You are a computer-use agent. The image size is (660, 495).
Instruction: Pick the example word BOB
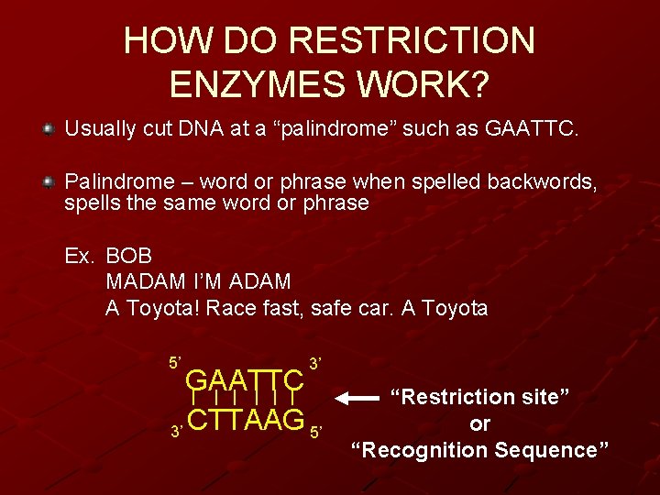tap(129, 256)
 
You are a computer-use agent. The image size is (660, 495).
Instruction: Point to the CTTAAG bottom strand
tap(245, 421)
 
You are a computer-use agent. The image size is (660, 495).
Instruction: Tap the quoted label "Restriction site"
tap(480, 398)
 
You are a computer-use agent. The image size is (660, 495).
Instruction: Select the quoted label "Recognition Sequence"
tap(480, 450)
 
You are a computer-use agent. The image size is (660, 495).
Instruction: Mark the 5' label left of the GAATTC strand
tap(175, 362)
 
